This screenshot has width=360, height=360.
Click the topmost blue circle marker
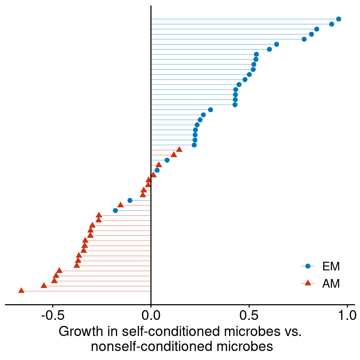[339, 19]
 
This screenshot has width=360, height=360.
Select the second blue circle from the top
[331, 24]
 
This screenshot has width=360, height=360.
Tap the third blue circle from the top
[316, 29]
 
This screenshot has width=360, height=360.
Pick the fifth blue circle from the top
[304, 39]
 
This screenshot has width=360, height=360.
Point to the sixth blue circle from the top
[276, 44]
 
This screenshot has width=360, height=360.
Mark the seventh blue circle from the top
[269, 49]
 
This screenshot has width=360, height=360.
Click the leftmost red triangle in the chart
[21, 290]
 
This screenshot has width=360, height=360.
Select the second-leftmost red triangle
[44, 285]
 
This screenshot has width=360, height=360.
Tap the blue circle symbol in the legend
[308, 266]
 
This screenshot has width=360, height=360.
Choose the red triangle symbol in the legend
[308, 283]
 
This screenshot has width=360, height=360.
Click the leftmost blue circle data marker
[115, 210]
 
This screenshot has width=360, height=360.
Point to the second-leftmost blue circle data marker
[130, 200]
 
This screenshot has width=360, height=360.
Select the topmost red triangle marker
[179, 149]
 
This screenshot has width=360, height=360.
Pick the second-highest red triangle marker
[174, 154]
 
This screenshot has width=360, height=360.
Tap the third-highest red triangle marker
[159, 165]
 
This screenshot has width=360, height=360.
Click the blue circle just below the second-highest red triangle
[167, 160]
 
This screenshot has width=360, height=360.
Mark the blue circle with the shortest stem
[157, 170]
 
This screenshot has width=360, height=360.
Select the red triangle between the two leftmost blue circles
[120, 205]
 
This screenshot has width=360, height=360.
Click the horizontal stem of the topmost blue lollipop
[244, 19]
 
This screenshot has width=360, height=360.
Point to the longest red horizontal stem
[86, 291]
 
